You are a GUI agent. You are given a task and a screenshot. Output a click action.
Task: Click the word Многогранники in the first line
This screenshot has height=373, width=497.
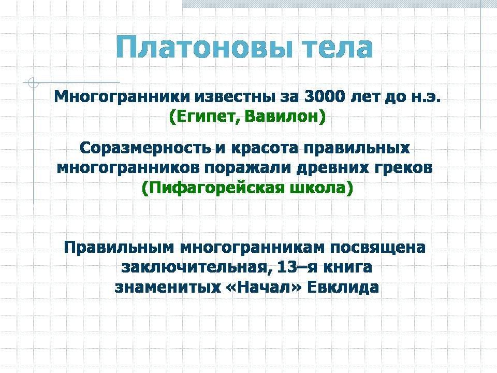coord(122,97)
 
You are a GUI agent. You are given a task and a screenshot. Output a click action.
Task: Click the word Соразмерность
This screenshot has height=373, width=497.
coord(145,148)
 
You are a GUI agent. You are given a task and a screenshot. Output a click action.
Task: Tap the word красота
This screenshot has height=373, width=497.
coord(265,149)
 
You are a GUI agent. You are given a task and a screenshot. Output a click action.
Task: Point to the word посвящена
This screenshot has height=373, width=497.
coord(378,248)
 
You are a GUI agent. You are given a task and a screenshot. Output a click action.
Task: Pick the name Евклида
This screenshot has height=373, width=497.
coord(343,288)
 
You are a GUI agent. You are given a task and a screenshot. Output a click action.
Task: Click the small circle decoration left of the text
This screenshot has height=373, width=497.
coord(33,83)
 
